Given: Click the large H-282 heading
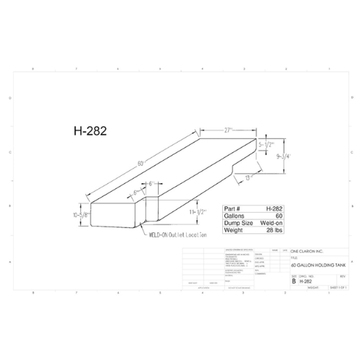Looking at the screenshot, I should point(90,131).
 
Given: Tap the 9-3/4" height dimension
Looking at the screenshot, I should point(283,156).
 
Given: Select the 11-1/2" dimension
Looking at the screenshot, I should point(197,212).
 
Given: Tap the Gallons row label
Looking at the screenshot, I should point(219,215).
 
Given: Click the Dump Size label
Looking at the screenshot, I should point(222,222).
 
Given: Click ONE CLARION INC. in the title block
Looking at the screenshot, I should point(308,251).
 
